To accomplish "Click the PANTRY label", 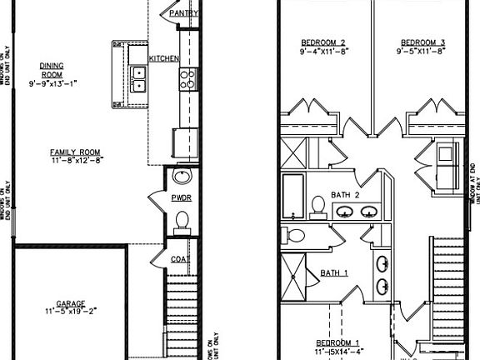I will tap(182, 14).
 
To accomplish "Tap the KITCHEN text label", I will tap(162, 58).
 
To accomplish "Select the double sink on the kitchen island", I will tap(138, 79).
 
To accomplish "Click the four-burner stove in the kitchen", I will tap(187, 79).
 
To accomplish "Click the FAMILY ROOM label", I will tap(74, 152).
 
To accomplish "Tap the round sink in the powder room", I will tap(181, 177).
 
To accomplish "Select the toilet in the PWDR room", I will tap(182, 222).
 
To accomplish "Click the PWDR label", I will tap(182, 199).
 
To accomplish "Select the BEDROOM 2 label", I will tap(323, 41).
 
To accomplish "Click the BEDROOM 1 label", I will tap(337, 342).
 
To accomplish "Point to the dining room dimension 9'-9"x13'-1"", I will tap(52, 83).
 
